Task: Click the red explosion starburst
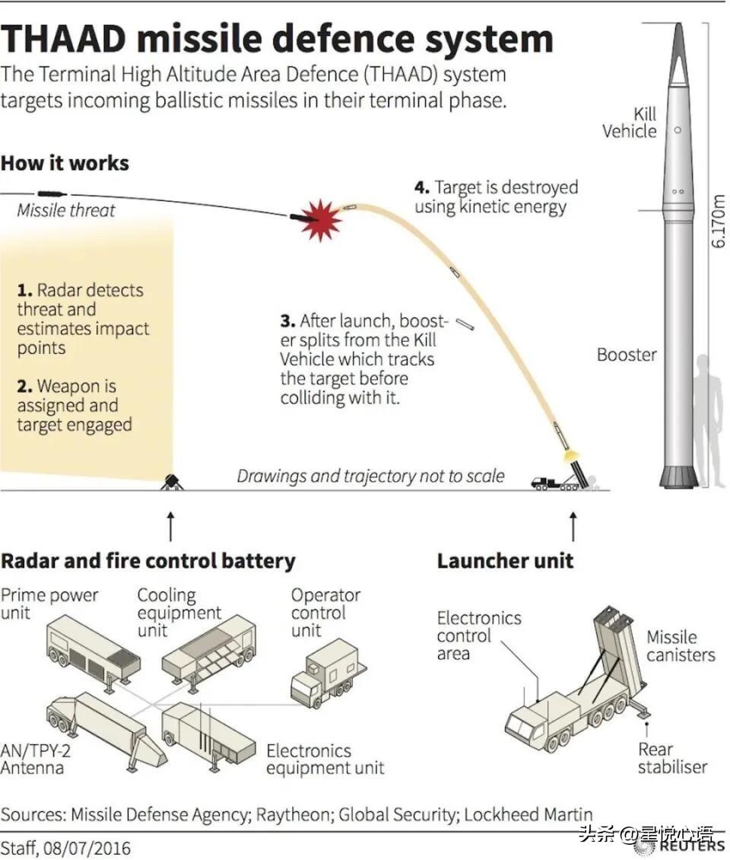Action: click(x=321, y=219)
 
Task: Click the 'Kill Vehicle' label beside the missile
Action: click(x=630, y=123)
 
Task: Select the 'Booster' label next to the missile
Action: click(x=627, y=355)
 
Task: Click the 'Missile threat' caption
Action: click(x=66, y=210)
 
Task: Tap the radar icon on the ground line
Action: click(x=171, y=481)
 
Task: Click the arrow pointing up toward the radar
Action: click(x=170, y=525)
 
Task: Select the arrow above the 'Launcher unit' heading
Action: click(x=573, y=525)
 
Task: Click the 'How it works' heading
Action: click(x=65, y=163)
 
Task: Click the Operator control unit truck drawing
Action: click(x=327, y=673)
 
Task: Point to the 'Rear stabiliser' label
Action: click(x=672, y=758)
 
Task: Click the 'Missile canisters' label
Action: click(x=681, y=646)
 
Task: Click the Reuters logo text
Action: click(x=691, y=846)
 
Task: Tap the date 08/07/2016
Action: click(x=87, y=848)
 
